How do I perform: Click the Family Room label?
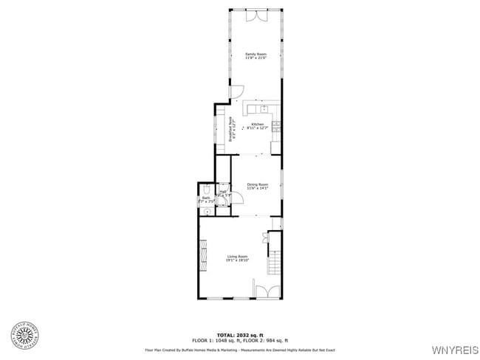coord(256,56)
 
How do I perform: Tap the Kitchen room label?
coord(257,126)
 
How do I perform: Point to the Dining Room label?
coord(257,186)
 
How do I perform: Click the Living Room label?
coord(238,258)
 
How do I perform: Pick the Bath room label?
coord(207,199)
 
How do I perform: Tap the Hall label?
coord(223,193)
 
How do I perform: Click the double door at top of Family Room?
coord(256,16)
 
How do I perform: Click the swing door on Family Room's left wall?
coord(236,91)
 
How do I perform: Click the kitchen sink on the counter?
coord(264,110)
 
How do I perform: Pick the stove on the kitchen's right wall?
coord(275,126)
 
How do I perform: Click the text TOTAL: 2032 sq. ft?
coord(240,335)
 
